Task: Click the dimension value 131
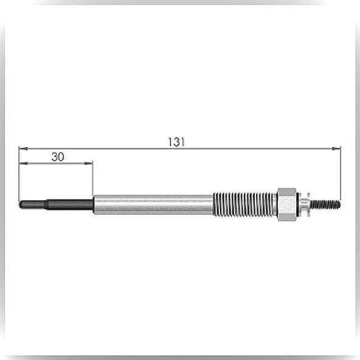point(176,142)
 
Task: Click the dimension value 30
point(58,157)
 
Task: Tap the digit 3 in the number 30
point(55,157)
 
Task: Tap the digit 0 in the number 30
point(61,157)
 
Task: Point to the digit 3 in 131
point(176,142)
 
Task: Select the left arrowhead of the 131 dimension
point(23,149)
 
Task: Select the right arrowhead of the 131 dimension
point(336,149)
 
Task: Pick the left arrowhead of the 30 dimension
point(24,163)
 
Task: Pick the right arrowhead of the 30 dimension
point(89,163)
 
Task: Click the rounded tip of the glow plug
point(21,204)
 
